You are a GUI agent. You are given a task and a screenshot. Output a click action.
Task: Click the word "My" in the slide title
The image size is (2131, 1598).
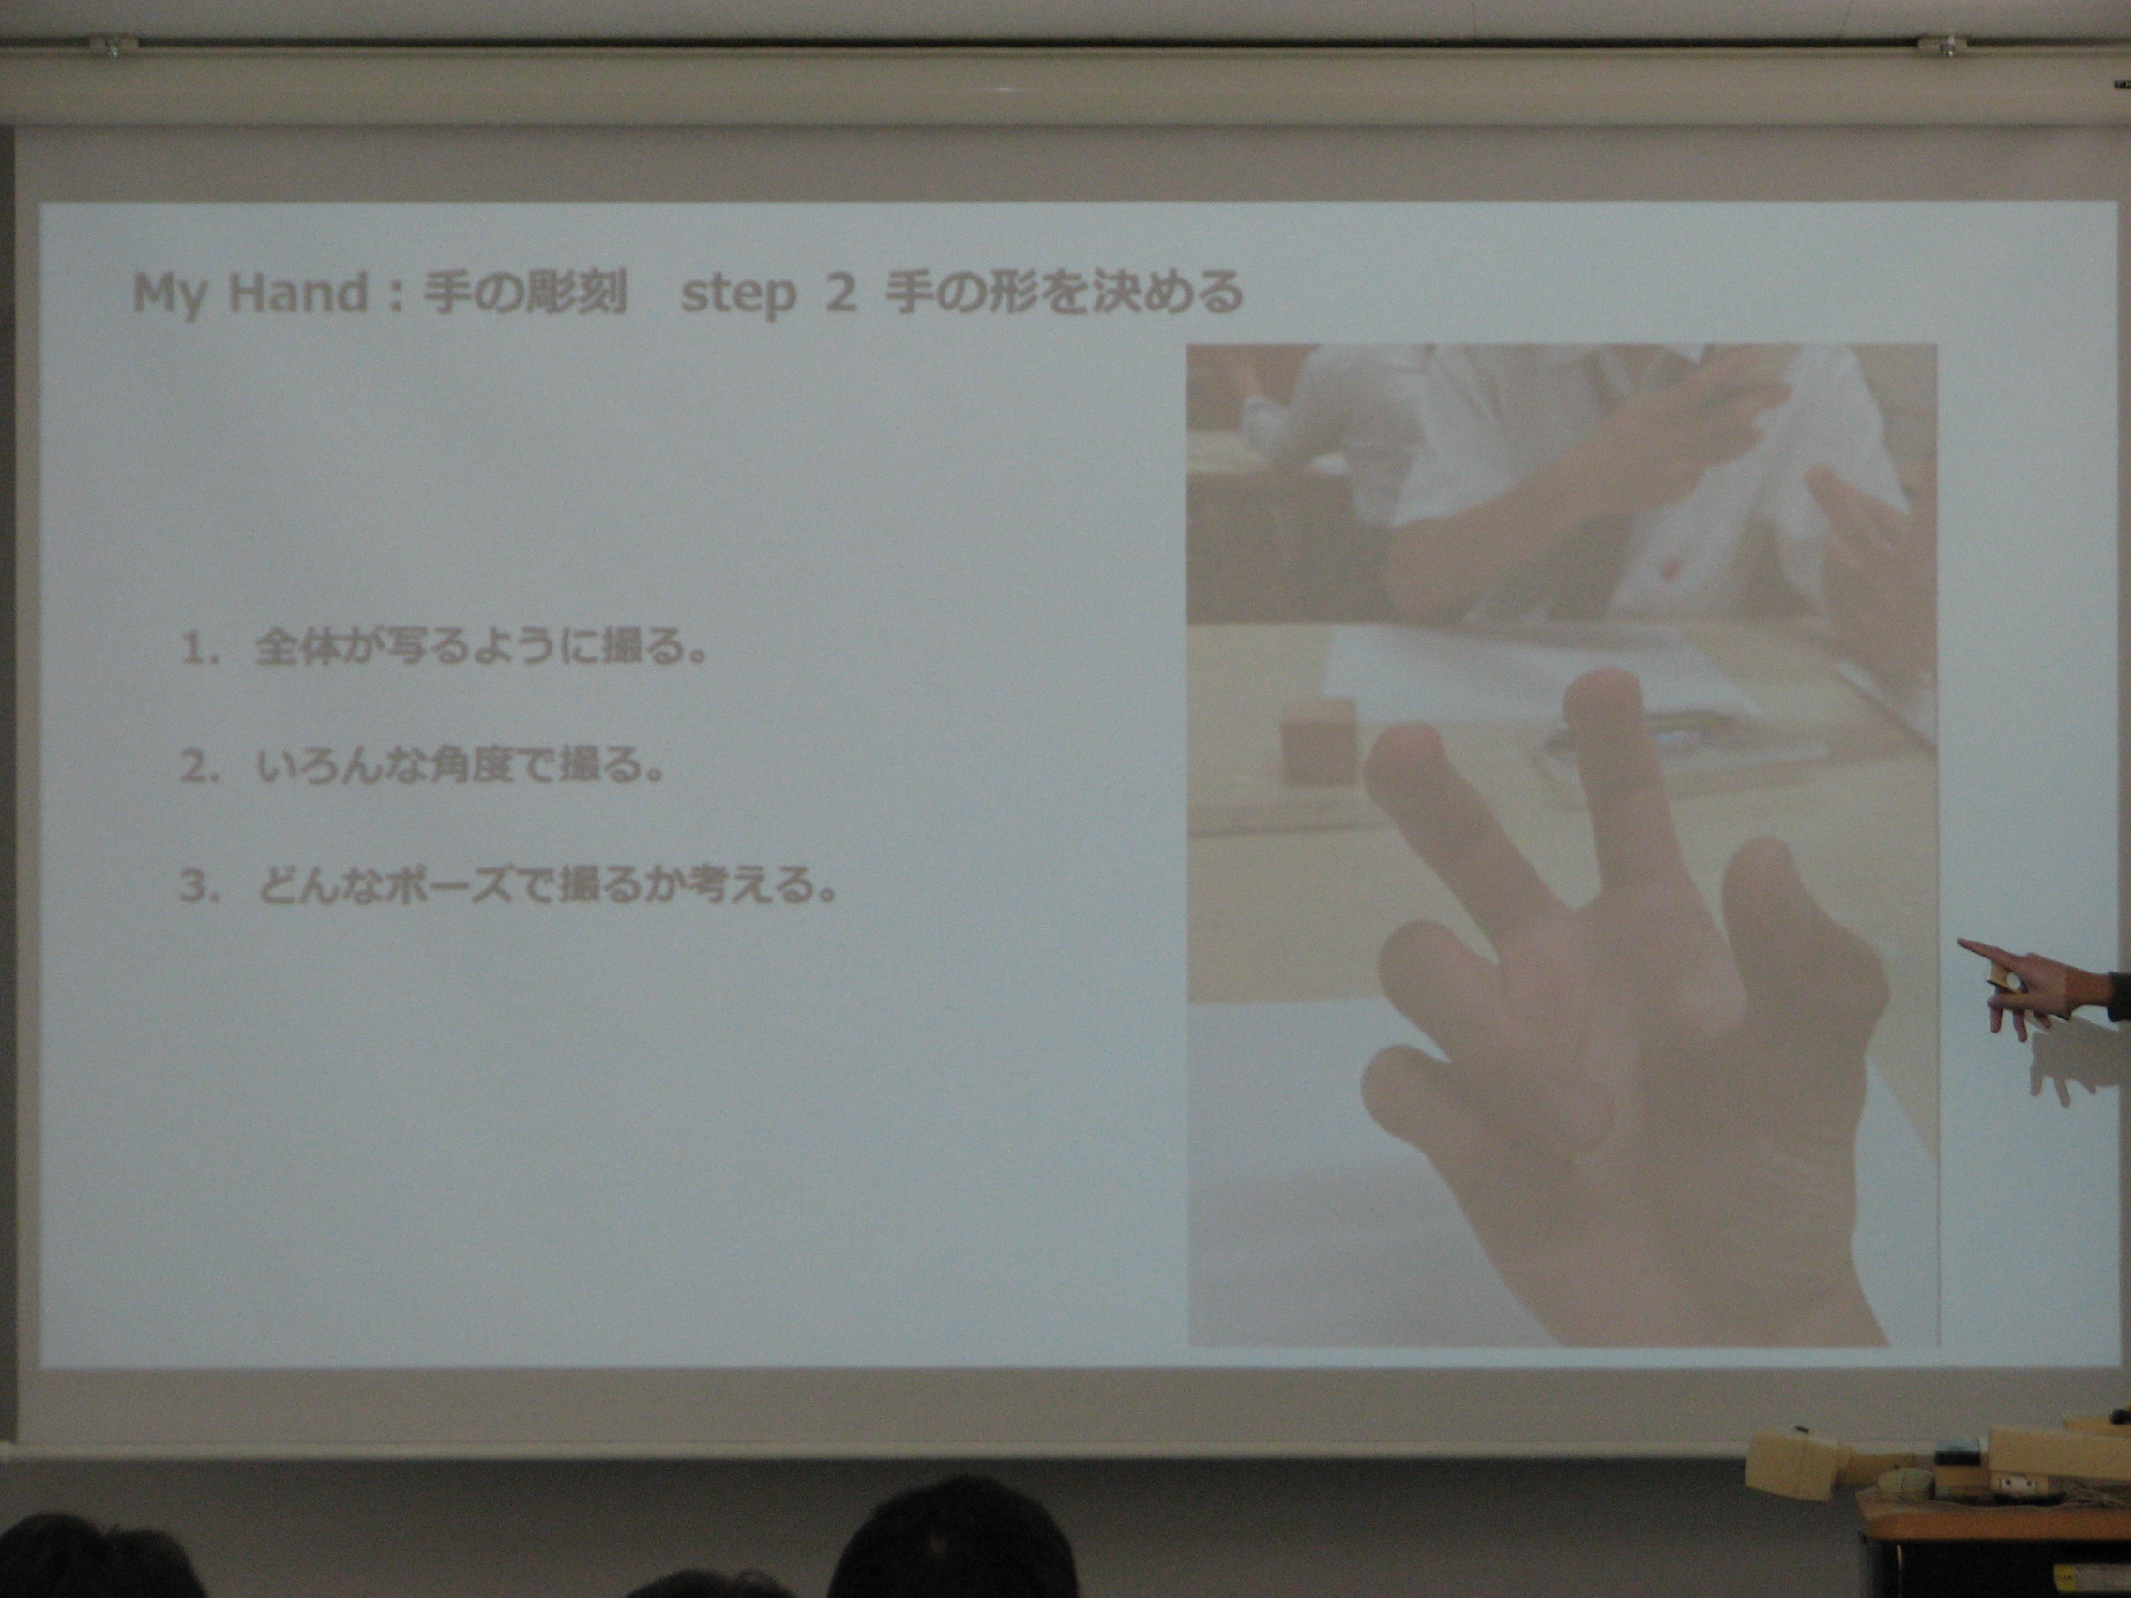(169, 295)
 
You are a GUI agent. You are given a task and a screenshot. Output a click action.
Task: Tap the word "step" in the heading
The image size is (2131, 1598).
(738, 295)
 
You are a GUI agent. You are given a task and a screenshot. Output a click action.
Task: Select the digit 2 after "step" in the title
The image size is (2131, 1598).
(840, 293)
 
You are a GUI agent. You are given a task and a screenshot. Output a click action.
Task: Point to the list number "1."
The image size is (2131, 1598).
(202, 651)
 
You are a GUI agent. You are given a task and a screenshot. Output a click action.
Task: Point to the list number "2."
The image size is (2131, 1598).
(202, 769)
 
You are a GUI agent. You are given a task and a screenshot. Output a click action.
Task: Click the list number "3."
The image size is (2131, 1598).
(202, 886)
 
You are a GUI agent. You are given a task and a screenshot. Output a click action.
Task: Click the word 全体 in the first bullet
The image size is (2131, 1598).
(293, 650)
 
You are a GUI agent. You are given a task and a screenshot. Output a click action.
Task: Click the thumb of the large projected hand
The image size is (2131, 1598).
(1412, 1089)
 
